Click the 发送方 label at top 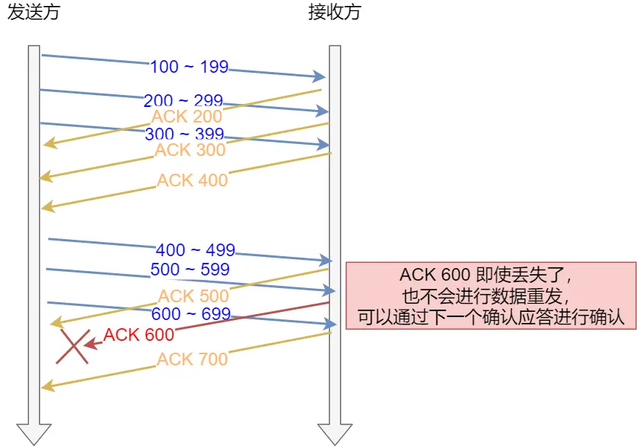(x=33, y=13)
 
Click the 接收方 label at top (x=334, y=13)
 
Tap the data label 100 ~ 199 (x=189, y=67)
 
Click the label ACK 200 (x=187, y=117)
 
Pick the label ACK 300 (x=190, y=150)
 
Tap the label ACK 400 (x=193, y=180)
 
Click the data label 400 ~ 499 (x=195, y=250)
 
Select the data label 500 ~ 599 (x=190, y=269)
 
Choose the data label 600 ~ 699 (x=191, y=314)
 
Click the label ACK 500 (x=193, y=296)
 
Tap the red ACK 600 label (x=138, y=335)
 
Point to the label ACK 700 (x=193, y=359)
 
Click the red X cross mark (x=73, y=347)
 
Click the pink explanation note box (x=491, y=295)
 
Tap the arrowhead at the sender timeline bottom (x=33, y=434)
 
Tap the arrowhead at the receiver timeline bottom (x=334, y=434)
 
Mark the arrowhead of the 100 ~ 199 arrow (x=320, y=76)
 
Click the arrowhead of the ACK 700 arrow (x=47, y=386)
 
